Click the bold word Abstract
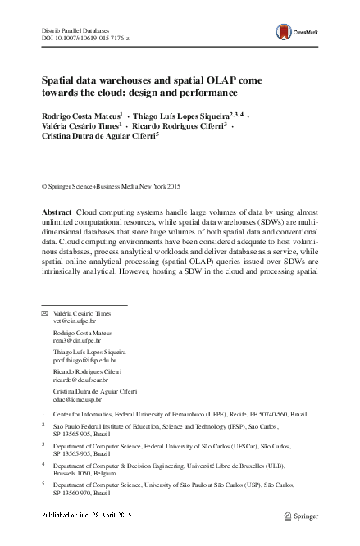[57, 212]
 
